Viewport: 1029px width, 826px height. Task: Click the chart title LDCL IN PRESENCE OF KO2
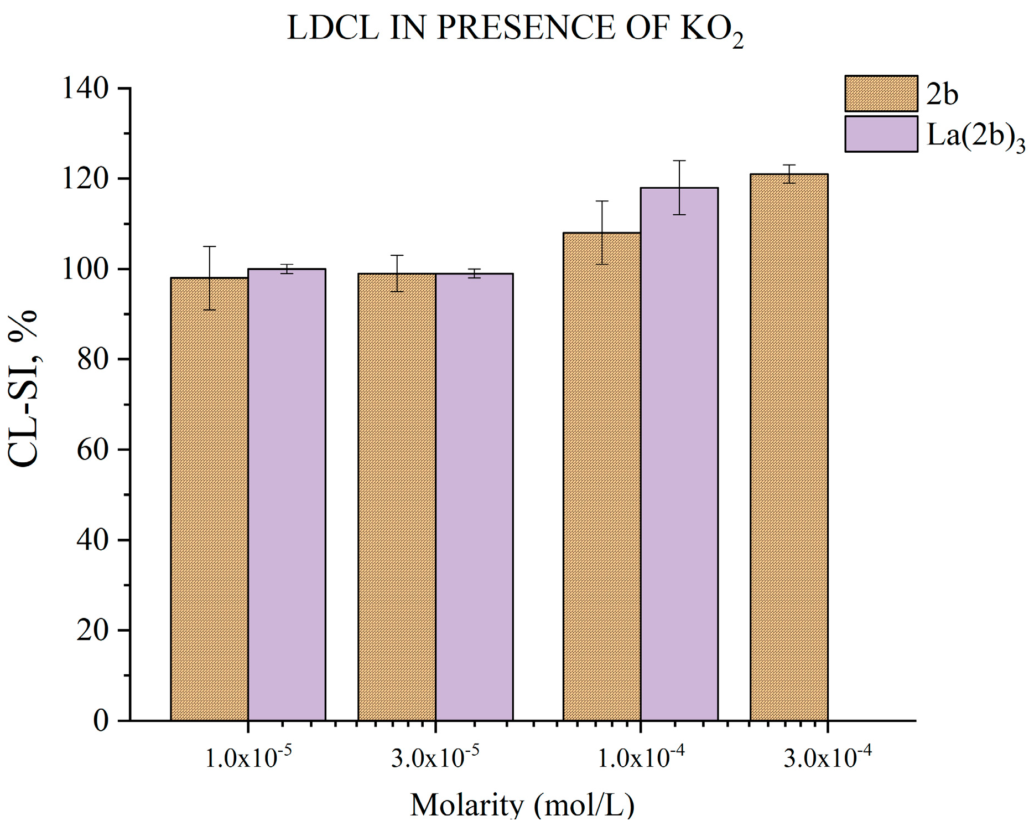514,29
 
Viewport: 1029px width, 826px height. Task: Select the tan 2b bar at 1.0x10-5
209,498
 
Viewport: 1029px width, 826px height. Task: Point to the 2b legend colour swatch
881,94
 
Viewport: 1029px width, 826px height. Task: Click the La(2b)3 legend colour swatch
881,134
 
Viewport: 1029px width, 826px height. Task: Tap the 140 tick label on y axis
85,89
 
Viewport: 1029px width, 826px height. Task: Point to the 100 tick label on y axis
85,270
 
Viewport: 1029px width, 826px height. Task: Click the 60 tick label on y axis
92,450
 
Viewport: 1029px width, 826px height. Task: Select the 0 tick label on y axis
100,721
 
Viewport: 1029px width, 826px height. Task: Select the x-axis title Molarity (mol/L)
522,805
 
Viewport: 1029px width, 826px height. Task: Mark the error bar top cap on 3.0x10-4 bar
789,165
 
